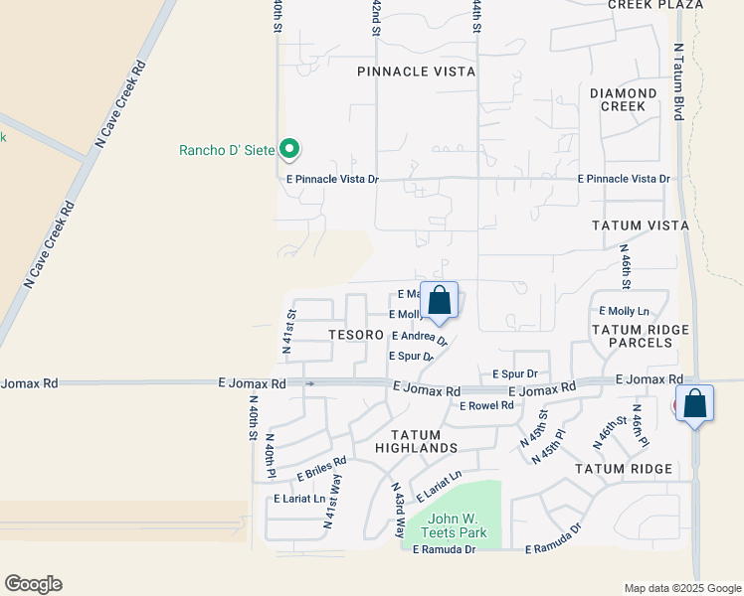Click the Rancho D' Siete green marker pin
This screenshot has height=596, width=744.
click(x=289, y=150)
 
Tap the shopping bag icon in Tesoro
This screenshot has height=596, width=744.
click(x=439, y=301)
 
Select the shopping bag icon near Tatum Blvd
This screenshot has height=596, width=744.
click(x=695, y=404)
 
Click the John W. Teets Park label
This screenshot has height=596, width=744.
click(x=458, y=525)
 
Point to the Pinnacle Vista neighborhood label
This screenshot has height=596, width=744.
click(x=416, y=73)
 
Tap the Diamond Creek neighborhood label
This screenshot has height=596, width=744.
click(x=624, y=99)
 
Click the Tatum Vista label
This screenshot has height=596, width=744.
click(x=641, y=225)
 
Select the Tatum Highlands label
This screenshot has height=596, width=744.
click(x=424, y=441)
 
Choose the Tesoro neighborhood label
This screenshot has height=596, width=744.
click(x=357, y=336)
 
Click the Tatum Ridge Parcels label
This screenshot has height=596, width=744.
click(x=641, y=336)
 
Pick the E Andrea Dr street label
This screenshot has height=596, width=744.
click(x=419, y=338)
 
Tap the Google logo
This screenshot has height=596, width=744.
click(x=33, y=584)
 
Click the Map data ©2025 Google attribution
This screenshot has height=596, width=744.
click(x=681, y=588)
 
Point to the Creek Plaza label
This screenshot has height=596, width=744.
click(x=655, y=5)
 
